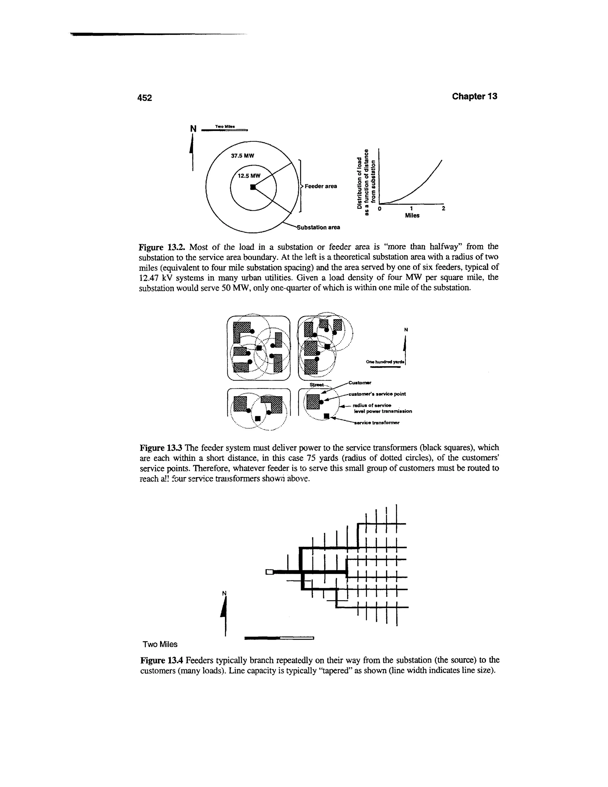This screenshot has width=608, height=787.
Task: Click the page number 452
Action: (x=145, y=98)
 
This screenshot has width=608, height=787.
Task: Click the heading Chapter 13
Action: (x=474, y=96)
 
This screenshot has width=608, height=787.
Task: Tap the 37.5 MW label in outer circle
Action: (x=243, y=156)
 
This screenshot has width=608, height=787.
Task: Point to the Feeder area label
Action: (x=321, y=186)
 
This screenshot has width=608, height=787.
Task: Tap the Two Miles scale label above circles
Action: (x=225, y=127)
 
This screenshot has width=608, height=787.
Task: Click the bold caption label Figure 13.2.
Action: (x=162, y=247)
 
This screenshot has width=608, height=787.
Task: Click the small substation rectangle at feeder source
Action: (x=269, y=572)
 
